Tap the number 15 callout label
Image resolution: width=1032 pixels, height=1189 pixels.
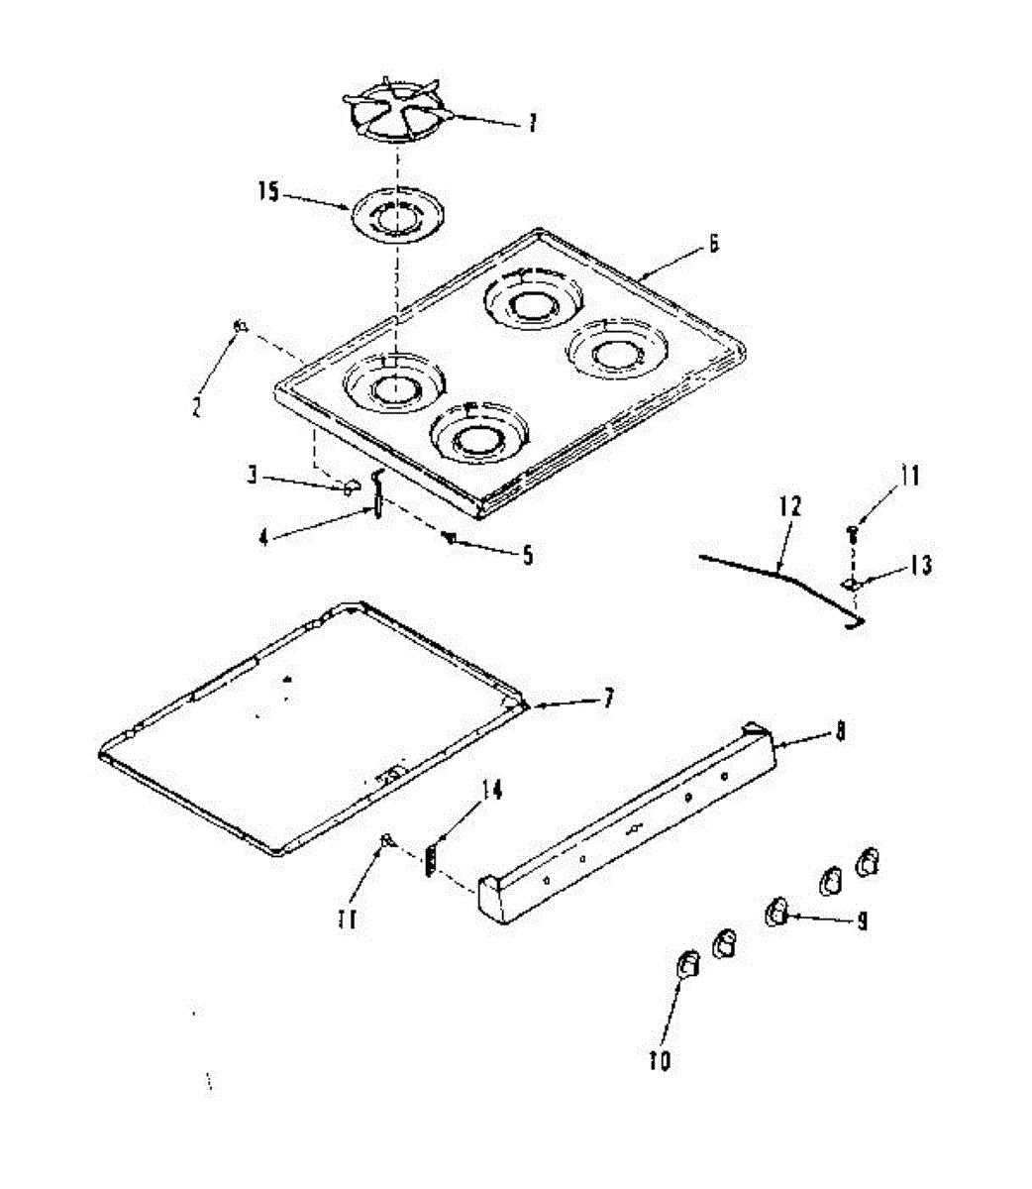coord(269,191)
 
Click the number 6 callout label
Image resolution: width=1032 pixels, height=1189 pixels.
coord(713,245)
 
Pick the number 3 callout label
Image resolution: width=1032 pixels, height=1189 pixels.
coord(255,477)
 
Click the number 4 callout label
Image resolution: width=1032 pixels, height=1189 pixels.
coord(263,536)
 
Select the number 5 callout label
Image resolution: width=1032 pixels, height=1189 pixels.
coord(527,556)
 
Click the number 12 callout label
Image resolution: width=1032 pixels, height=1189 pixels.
coord(789,506)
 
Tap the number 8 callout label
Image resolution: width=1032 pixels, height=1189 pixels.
coord(840,733)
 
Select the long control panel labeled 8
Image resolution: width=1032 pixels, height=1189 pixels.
coord(624,822)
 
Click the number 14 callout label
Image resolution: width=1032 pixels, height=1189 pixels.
coord(491,791)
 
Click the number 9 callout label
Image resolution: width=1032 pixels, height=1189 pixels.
coord(862,921)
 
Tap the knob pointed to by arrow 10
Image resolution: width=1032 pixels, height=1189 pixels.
coord(686,963)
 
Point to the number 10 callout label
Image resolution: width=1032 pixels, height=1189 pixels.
coord(660,1060)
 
